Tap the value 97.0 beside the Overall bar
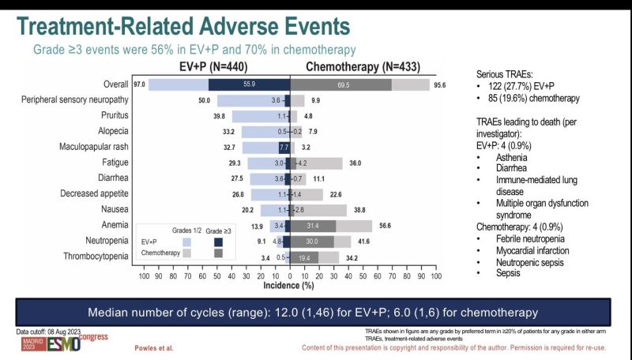[x=139, y=84]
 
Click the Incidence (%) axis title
[x=290, y=287]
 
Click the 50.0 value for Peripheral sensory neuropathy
[x=203, y=100]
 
